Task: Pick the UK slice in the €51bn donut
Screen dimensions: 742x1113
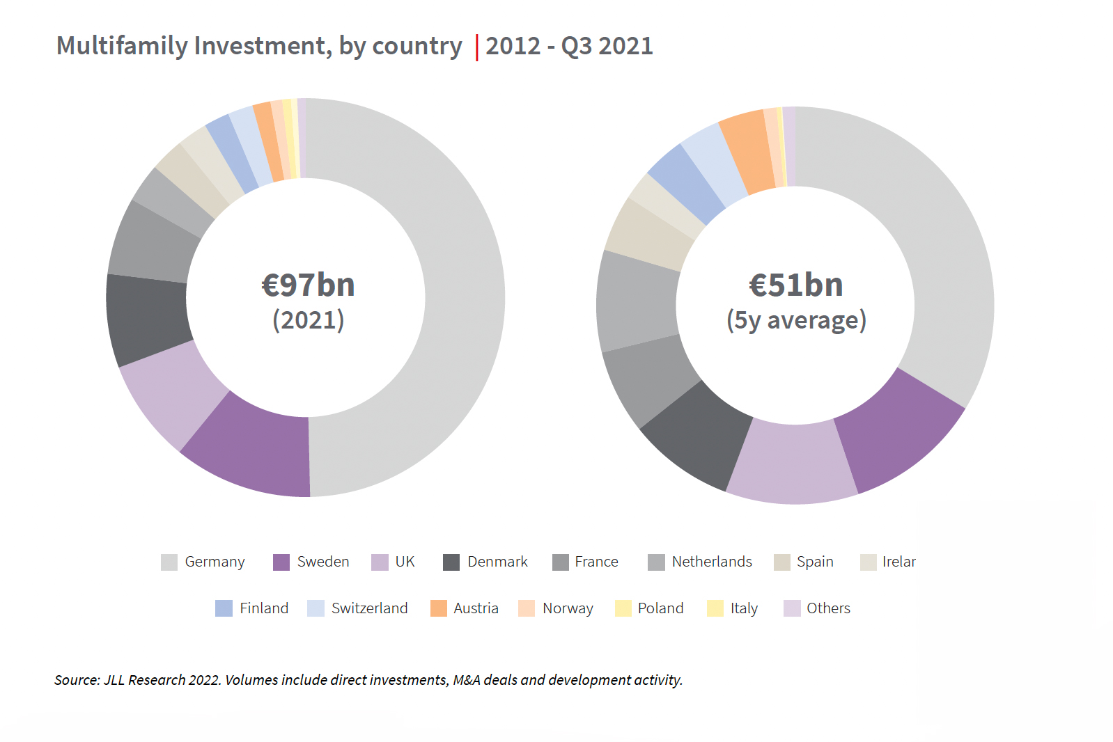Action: point(793,463)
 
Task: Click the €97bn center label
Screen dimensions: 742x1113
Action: point(308,285)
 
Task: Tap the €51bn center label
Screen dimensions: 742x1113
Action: point(795,285)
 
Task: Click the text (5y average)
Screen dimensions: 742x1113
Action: point(796,320)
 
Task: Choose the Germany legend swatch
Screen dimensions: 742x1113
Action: point(169,562)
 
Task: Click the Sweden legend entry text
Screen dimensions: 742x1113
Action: point(323,562)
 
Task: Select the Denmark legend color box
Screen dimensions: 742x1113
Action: point(451,562)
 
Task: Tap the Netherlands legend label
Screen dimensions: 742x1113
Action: point(712,562)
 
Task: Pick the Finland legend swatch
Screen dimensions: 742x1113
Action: point(224,608)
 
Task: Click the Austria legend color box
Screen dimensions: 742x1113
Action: point(439,608)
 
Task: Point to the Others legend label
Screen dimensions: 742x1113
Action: point(828,608)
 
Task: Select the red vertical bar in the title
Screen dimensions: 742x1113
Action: point(477,47)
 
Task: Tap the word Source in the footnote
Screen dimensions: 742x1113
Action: point(77,680)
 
